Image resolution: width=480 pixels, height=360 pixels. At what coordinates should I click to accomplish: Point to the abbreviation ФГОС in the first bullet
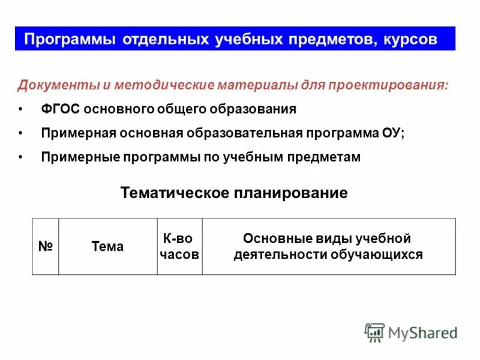pyautogui.click(x=61, y=109)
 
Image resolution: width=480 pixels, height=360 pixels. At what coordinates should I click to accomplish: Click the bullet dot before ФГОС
pyautogui.click(x=21, y=110)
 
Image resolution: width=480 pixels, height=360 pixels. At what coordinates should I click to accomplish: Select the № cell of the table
pyautogui.click(x=46, y=247)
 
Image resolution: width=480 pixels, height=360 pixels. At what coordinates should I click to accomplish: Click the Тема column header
pyautogui.click(x=107, y=247)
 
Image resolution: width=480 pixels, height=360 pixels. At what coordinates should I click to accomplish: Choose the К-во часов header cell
pyautogui.click(x=179, y=247)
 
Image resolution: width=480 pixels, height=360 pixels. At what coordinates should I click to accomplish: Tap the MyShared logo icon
pyautogui.click(x=374, y=332)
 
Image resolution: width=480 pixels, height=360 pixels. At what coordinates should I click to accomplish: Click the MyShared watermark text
pyautogui.click(x=422, y=332)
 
